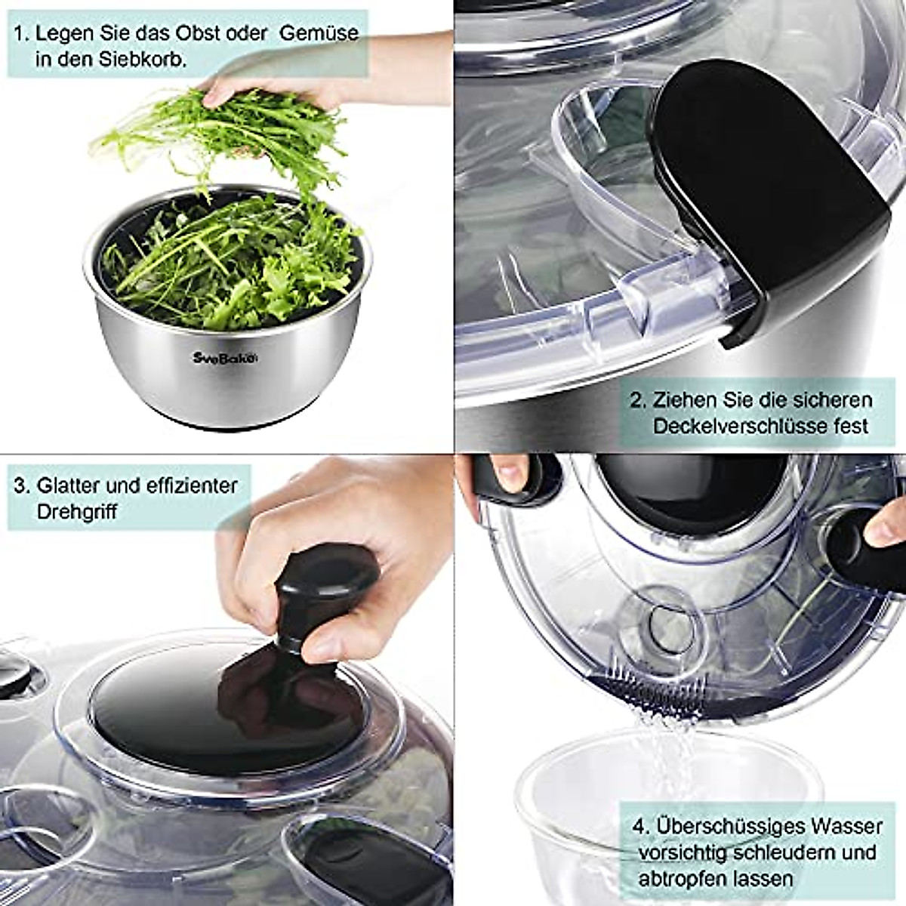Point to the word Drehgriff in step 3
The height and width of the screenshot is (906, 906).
[x=77, y=512]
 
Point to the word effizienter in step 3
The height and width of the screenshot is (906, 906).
[x=176, y=485]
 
